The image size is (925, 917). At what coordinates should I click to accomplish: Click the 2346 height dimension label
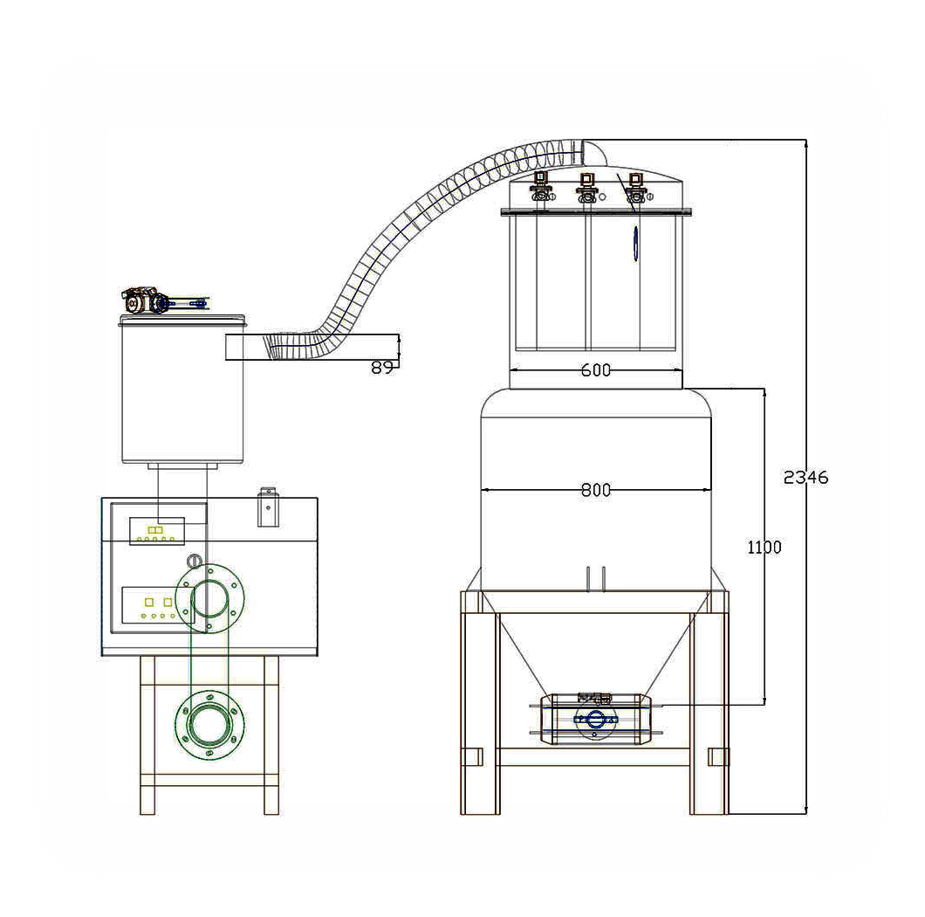[805, 477]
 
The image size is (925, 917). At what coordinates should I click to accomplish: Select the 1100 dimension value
[764, 548]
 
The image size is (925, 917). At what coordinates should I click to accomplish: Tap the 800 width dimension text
[596, 490]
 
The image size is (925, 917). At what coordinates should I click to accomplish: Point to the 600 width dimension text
[596, 370]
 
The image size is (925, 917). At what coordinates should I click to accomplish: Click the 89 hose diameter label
[381, 368]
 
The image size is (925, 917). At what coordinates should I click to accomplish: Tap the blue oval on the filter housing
[635, 243]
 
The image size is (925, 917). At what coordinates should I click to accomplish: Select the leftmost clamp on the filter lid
[540, 187]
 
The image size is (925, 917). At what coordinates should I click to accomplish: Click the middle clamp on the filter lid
[586, 188]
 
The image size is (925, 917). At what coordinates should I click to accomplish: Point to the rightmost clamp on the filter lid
[635, 188]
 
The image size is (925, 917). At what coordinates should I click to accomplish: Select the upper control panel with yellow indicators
[157, 531]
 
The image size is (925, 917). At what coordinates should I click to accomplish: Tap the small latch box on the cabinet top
[269, 507]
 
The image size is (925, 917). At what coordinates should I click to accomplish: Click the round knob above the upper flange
[194, 561]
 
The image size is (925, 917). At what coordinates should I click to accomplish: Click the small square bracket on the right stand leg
[718, 757]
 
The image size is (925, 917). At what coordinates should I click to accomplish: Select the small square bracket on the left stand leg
[471, 757]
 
